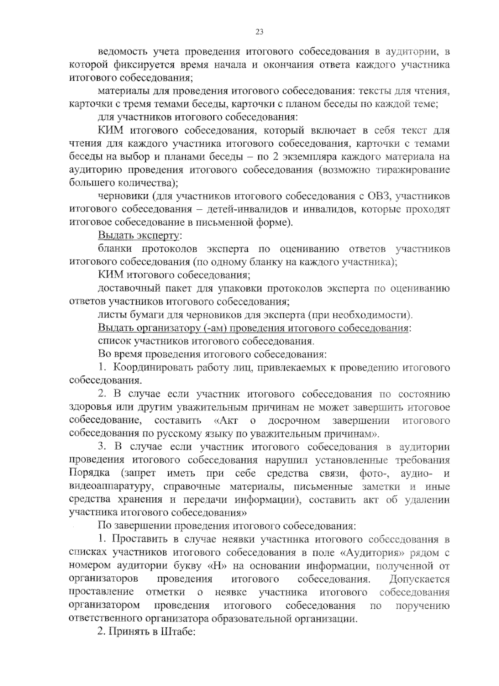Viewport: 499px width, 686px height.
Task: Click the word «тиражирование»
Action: (x=412, y=170)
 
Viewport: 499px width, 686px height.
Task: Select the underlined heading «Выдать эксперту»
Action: (x=138, y=236)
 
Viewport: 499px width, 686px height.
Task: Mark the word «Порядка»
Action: (x=89, y=473)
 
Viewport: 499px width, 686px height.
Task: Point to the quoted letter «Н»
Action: (x=219, y=566)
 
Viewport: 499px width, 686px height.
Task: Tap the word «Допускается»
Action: (x=419, y=579)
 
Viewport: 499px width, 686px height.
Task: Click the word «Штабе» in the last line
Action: (x=176, y=632)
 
